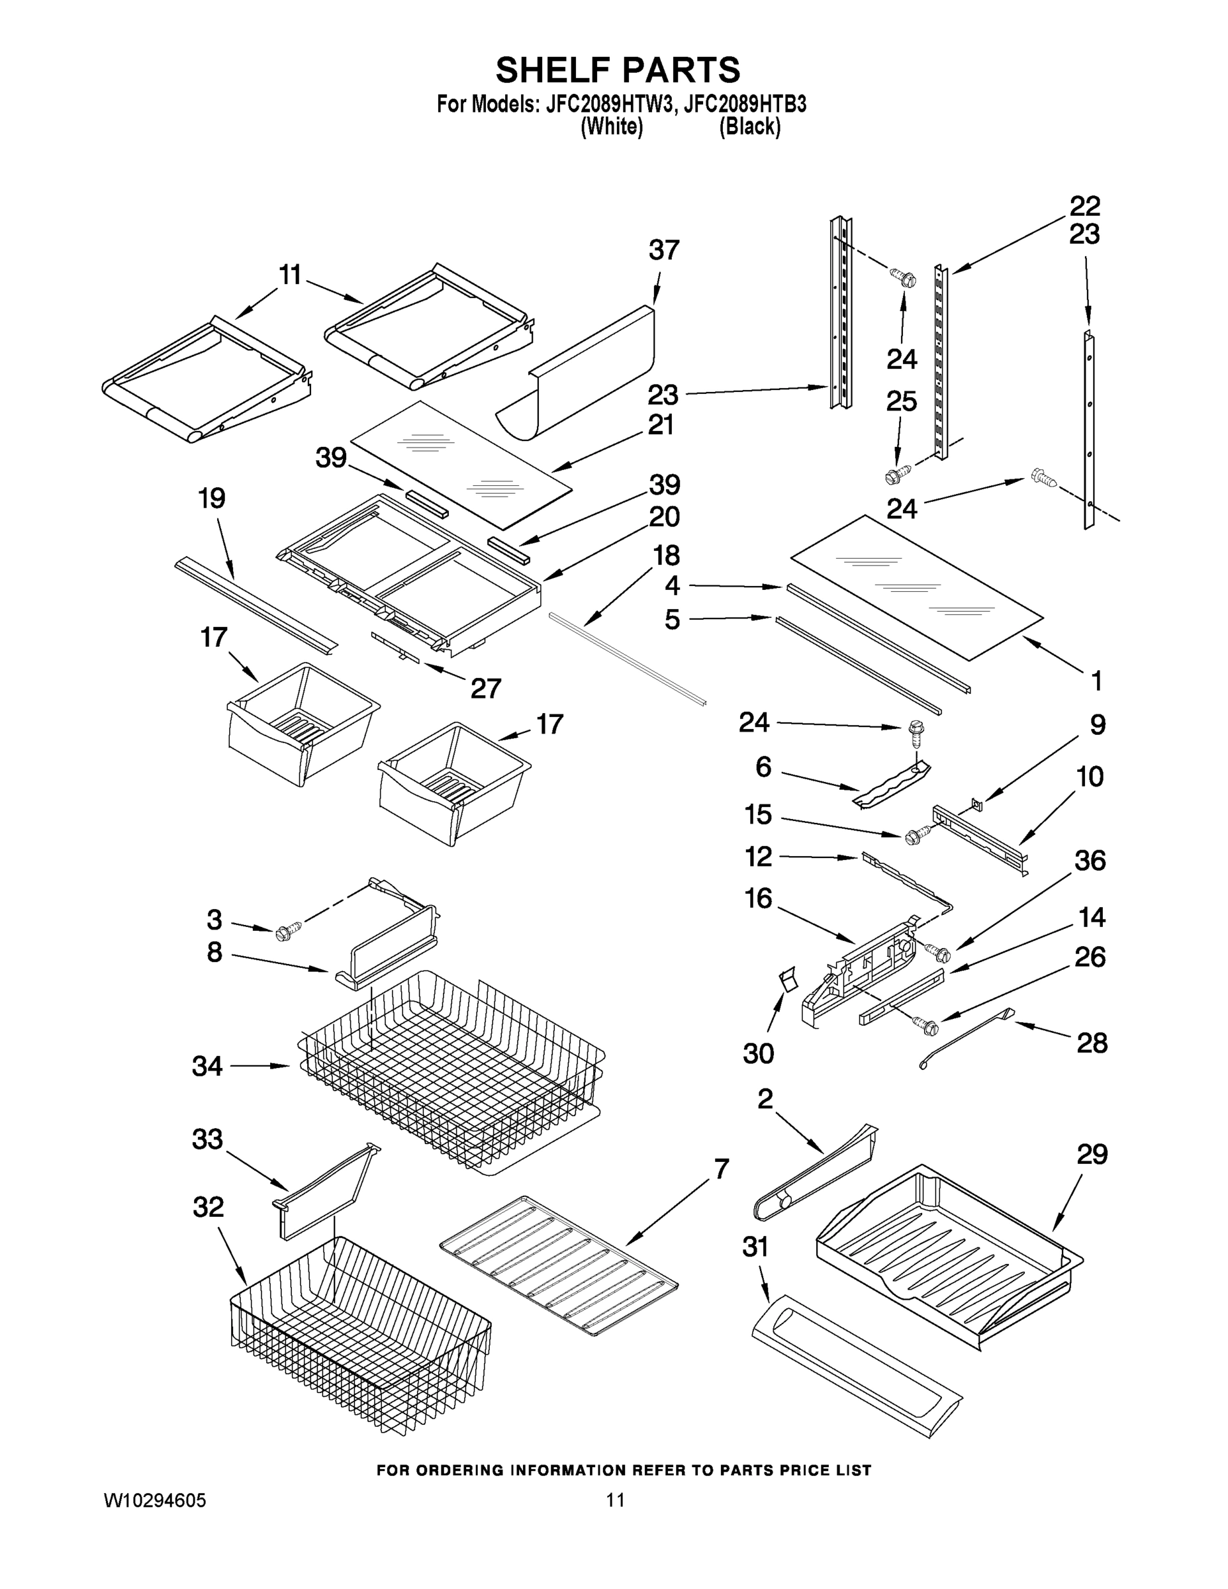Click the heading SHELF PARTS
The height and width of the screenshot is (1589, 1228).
(x=618, y=71)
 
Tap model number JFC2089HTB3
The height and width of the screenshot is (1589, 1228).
(x=745, y=104)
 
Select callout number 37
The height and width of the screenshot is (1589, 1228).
(x=663, y=250)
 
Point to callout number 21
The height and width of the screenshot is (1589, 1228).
(x=661, y=424)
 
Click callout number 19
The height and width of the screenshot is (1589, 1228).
(x=212, y=499)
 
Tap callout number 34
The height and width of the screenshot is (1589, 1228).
(x=207, y=1066)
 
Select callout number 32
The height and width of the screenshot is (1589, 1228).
(x=208, y=1207)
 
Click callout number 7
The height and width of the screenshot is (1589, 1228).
(x=720, y=1169)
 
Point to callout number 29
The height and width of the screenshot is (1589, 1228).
(x=1092, y=1155)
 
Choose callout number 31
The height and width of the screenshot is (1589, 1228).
(x=755, y=1247)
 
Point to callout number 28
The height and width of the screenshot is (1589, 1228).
(x=1092, y=1043)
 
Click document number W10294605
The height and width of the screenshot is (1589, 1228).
(x=154, y=1500)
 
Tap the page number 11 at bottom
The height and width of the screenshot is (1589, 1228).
(x=616, y=1500)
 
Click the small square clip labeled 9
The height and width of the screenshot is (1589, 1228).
(x=976, y=803)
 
